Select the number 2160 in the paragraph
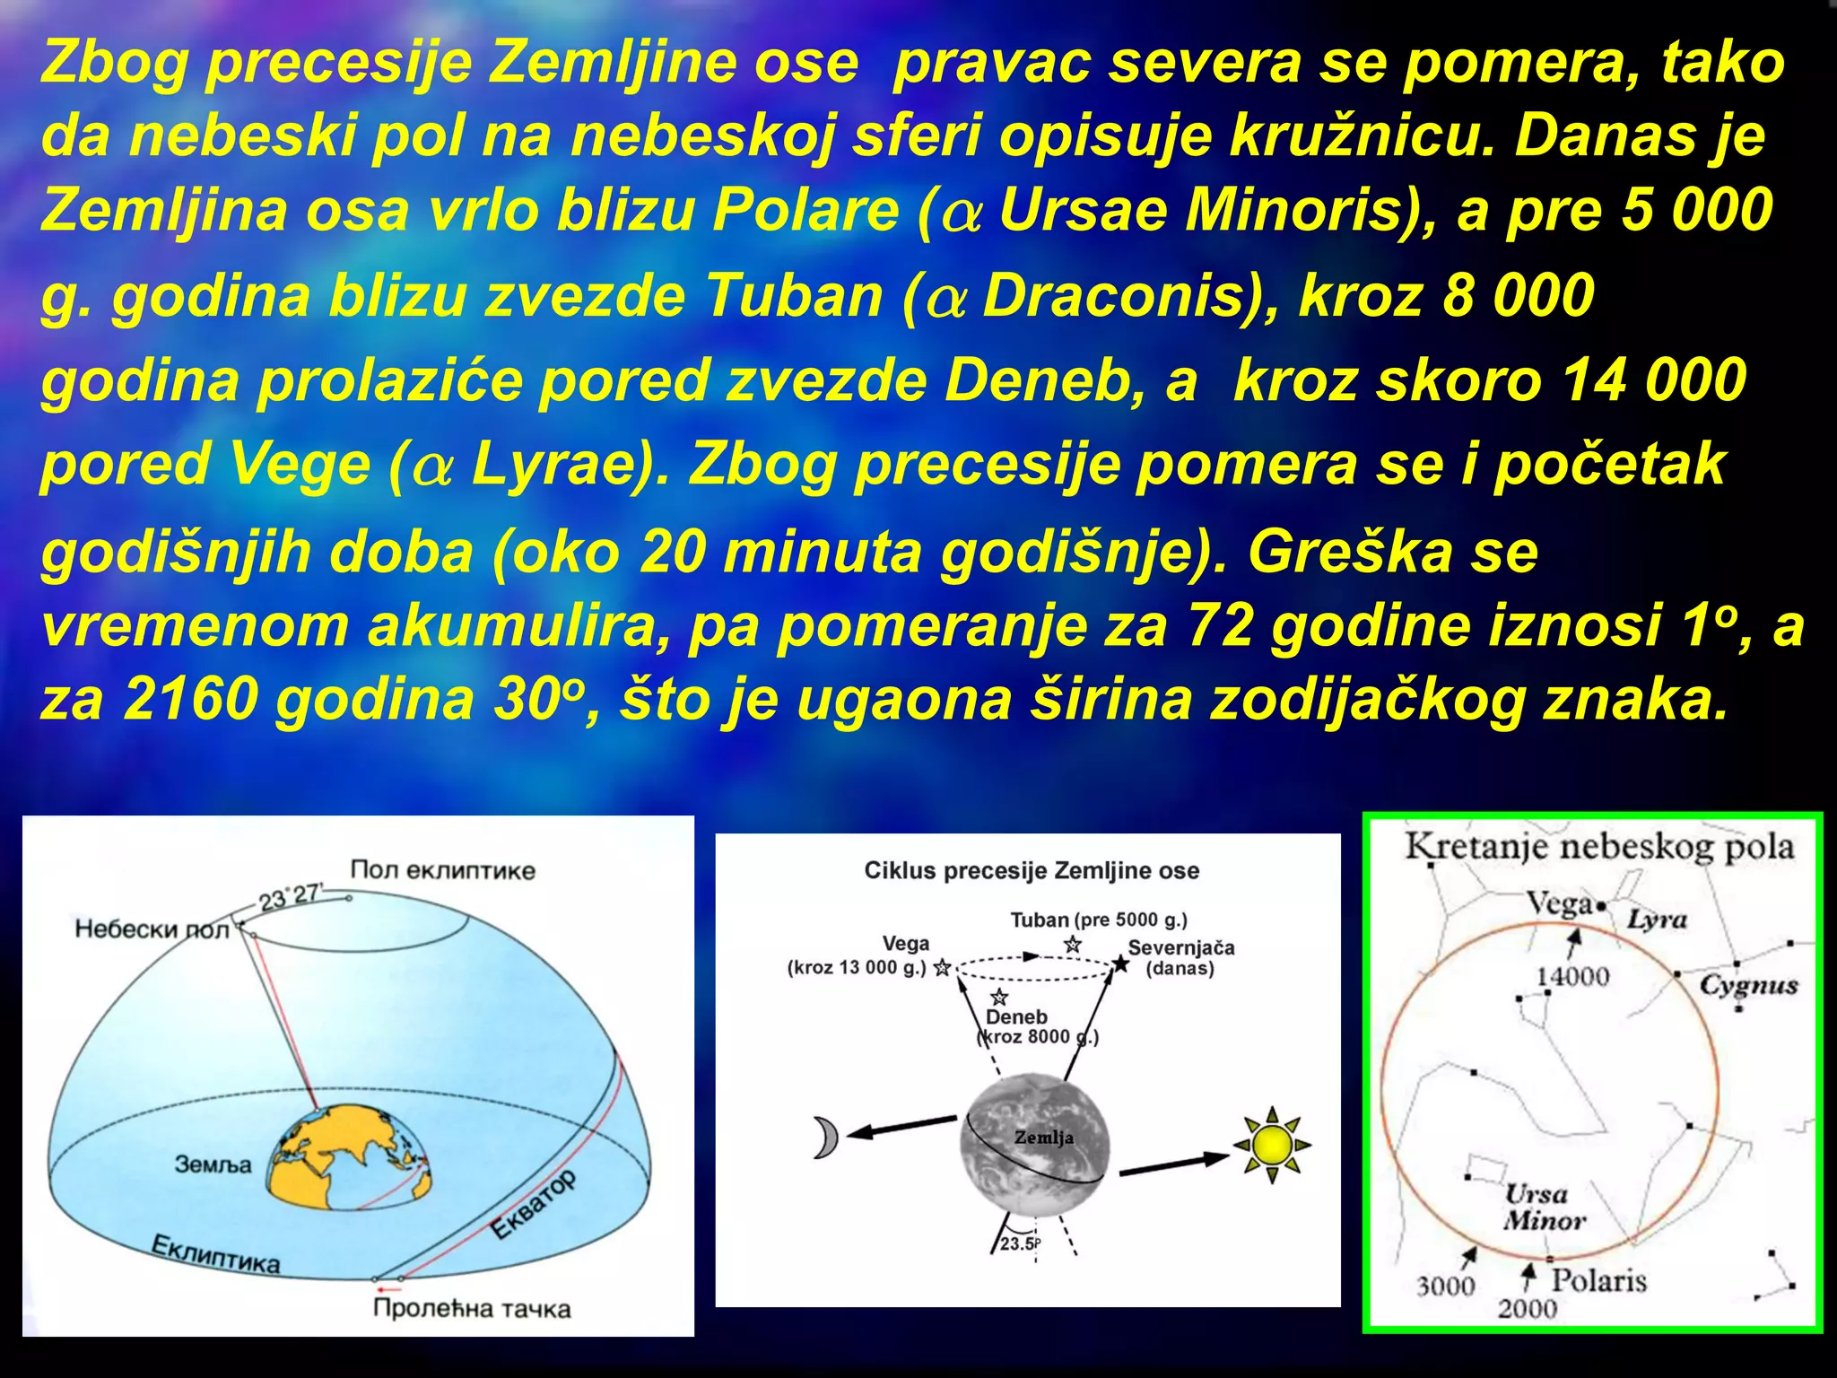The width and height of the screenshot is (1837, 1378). tap(190, 699)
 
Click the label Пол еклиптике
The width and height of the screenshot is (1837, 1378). tap(442, 870)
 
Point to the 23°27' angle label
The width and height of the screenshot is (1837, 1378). tap(289, 896)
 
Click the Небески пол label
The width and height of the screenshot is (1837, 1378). tap(152, 929)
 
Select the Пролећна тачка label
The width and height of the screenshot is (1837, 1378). tap(472, 1308)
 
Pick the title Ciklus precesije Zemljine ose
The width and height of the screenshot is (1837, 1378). tap(1032, 870)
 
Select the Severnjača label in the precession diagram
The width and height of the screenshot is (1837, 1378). tap(1180, 948)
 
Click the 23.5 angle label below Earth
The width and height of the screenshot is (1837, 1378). tap(1019, 1244)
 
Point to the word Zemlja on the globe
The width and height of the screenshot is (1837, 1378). tap(1043, 1138)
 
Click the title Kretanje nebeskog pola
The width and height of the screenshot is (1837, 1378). tap(1598, 847)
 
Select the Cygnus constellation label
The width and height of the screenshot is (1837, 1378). tap(1748, 985)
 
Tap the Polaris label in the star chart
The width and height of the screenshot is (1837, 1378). tap(1598, 1280)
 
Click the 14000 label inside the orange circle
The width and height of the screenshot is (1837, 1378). tap(1573, 976)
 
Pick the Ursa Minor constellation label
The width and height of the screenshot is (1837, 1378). tap(1544, 1208)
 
